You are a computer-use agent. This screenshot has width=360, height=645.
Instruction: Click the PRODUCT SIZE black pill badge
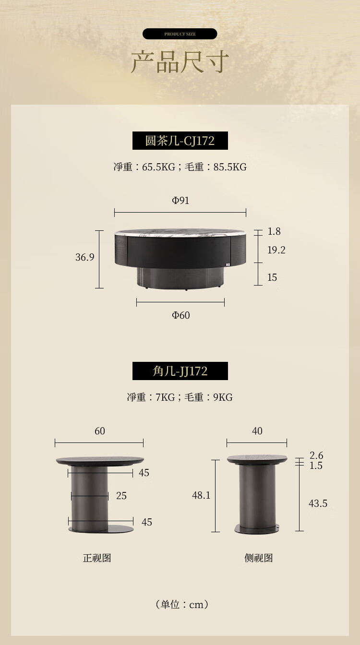pos(180,34)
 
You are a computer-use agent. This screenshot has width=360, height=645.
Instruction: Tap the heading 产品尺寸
pos(180,61)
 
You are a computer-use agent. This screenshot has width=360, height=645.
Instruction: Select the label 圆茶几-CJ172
pos(180,141)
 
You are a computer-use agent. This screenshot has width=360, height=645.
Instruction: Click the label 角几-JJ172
pos(180,371)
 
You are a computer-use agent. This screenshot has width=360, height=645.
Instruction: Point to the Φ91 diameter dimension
pos(180,200)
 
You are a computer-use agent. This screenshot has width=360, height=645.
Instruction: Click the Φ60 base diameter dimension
pos(180,315)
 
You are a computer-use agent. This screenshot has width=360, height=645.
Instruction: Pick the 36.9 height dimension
pos(84,257)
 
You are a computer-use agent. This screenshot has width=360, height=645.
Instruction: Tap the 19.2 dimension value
pos(276,250)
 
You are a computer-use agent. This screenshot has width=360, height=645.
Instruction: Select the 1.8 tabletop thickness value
pos(274,231)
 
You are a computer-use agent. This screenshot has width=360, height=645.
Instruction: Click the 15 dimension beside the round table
pos(272,277)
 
